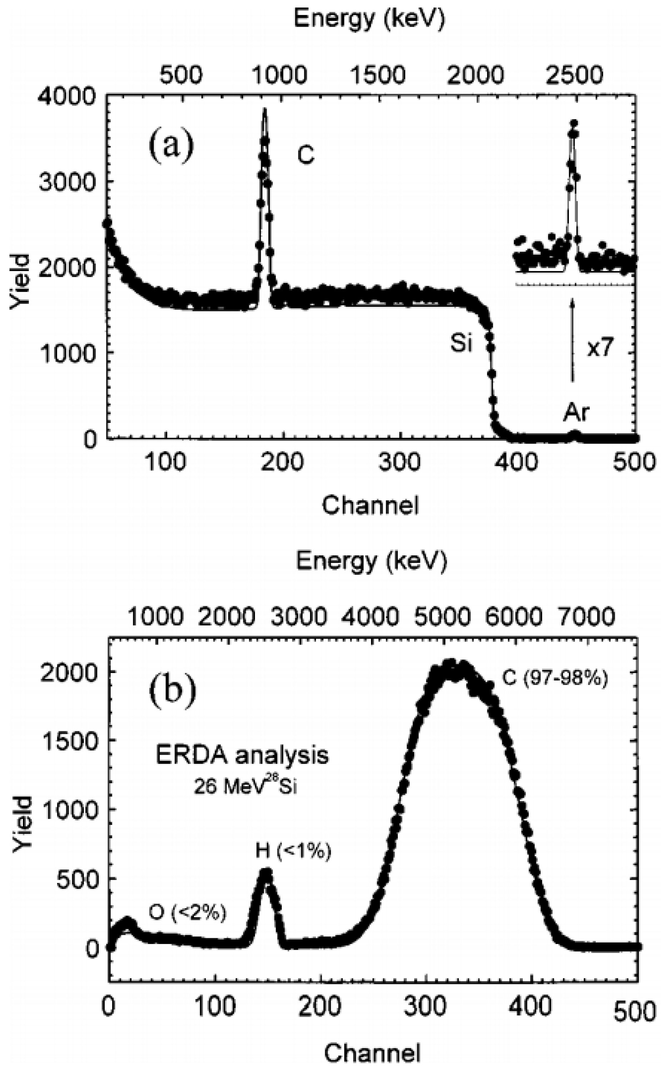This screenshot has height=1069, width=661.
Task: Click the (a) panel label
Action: [x=171, y=146]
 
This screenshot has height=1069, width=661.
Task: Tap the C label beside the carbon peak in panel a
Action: [x=306, y=155]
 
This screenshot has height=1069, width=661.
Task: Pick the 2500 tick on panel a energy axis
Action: [x=575, y=75]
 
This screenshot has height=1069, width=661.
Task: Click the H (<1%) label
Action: [x=293, y=852]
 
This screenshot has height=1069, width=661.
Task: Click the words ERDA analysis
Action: [x=242, y=755]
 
